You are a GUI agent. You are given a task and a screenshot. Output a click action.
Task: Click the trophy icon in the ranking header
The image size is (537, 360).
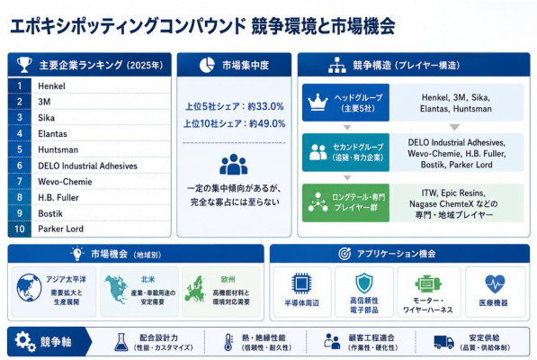pyautogui.click(x=24, y=65)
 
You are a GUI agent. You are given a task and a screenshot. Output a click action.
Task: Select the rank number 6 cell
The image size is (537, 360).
pyautogui.click(x=20, y=166)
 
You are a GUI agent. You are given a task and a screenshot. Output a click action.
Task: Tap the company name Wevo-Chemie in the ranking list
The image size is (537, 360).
pyautogui.click(x=65, y=182)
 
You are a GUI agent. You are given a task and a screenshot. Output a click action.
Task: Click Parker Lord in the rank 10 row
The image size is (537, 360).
pyautogui.click(x=60, y=229)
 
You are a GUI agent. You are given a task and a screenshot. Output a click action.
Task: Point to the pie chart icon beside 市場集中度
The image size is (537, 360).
pyautogui.click(x=207, y=65)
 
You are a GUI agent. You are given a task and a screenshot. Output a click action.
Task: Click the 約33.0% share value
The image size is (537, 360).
pyautogui.click(x=265, y=106)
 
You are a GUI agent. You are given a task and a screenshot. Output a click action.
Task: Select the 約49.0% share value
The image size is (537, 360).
pyautogui.click(x=267, y=123)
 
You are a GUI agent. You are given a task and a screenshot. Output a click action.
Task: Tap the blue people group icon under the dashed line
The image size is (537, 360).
pyautogui.click(x=234, y=165)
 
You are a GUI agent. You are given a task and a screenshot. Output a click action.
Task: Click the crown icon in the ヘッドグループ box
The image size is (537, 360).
pyautogui.click(x=318, y=103)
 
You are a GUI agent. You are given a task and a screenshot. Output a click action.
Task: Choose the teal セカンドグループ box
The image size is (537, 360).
pyautogui.click(x=345, y=152)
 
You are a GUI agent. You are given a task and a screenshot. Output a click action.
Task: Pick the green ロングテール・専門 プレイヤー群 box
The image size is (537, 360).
pyautogui.click(x=345, y=202)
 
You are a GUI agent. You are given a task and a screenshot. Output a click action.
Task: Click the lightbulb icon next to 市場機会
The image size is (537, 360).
pyautogui.click(x=77, y=254)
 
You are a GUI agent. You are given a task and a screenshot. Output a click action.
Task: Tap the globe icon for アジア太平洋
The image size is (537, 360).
pyautogui.click(x=29, y=288)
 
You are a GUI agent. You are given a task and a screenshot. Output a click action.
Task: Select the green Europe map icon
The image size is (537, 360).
pyautogui.click(x=195, y=288)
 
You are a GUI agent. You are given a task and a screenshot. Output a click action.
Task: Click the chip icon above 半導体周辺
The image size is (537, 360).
pyautogui.click(x=301, y=283)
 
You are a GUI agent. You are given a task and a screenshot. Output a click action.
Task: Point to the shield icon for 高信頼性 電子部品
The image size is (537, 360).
pyautogui.click(x=364, y=283)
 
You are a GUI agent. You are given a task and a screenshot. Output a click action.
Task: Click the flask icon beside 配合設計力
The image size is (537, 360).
pyautogui.click(x=121, y=342)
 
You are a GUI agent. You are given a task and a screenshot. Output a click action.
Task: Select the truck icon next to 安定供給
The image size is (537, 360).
pyautogui.click(x=443, y=342)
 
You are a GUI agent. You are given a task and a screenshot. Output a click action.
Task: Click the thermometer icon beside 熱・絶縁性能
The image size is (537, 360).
pyautogui.click(x=228, y=342)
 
